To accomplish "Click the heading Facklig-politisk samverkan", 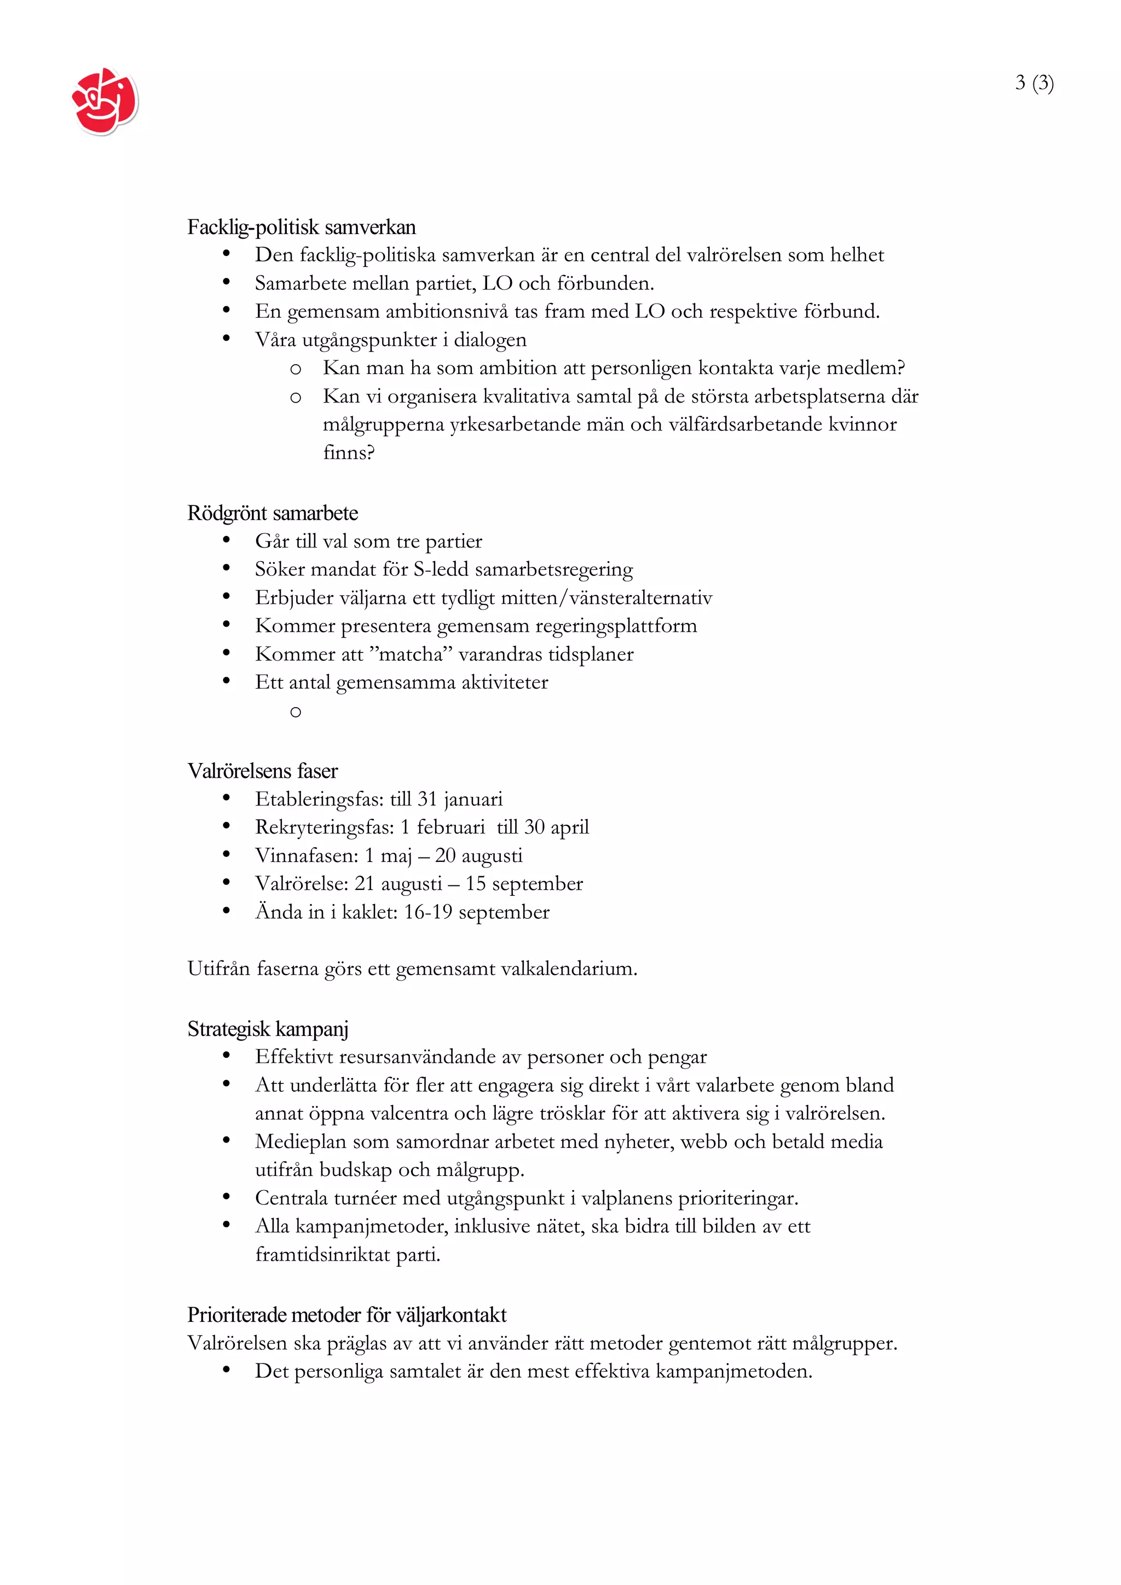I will (301, 227).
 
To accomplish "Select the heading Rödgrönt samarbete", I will (272, 513).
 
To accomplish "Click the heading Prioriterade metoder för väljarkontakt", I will (346, 1314).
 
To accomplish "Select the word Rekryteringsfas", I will (323, 827).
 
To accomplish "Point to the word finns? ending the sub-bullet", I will (348, 452).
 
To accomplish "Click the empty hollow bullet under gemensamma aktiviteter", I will (296, 712).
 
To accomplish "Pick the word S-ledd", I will (441, 569).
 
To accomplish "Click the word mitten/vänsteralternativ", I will (594, 597).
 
